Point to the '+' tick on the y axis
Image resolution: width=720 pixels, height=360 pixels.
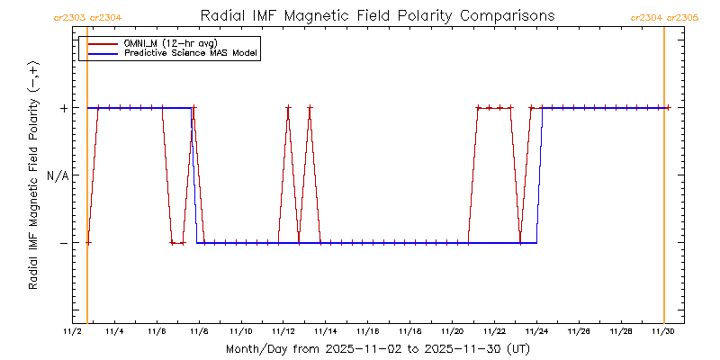coord(64,108)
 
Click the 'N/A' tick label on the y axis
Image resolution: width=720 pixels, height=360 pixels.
coord(57,175)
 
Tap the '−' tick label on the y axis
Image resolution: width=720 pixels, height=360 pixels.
coord(64,242)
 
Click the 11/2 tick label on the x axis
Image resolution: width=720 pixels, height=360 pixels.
coord(73,332)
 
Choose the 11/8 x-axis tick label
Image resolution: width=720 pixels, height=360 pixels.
coord(200,332)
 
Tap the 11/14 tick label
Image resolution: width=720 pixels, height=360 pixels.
coord(326,332)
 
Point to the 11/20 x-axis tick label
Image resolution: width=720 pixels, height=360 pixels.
coord(453,332)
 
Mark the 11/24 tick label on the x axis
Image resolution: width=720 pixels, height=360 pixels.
coord(537,332)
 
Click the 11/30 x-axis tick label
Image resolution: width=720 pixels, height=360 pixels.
coord(663,332)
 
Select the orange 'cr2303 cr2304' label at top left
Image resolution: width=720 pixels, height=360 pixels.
coord(88,16)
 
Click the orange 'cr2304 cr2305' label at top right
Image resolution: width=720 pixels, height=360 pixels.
coord(664,16)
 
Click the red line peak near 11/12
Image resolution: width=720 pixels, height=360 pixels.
coord(288,108)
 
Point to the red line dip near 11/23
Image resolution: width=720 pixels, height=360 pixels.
coord(520,242)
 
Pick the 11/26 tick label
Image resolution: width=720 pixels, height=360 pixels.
coord(579,332)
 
